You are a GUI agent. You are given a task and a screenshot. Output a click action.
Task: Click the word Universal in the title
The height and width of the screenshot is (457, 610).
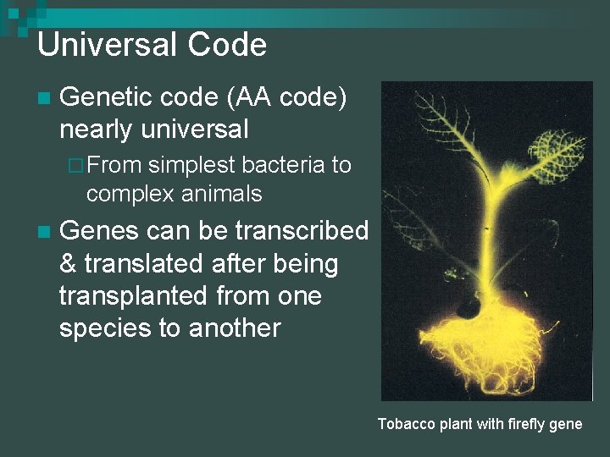pyautogui.click(x=108, y=44)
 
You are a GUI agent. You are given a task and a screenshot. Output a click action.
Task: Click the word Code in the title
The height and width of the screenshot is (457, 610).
pyautogui.click(x=227, y=44)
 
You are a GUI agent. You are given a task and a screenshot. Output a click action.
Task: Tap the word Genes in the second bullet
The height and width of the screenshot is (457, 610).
pyautogui.click(x=98, y=231)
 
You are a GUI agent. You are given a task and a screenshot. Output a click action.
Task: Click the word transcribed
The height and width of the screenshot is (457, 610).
pyautogui.click(x=302, y=231)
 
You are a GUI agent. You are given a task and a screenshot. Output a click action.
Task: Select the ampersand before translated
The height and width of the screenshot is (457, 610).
pyautogui.click(x=68, y=264)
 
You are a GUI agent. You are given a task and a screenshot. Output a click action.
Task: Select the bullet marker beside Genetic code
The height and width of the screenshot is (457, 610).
pyautogui.click(x=43, y=100)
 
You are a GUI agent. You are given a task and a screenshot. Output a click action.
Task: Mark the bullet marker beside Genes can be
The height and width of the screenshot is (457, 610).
pyautogui.click(x=43, y=232)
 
